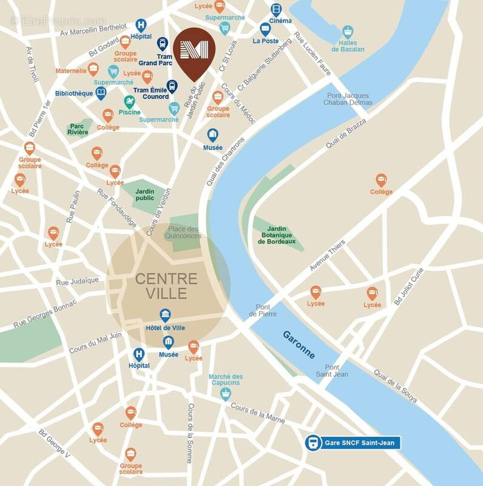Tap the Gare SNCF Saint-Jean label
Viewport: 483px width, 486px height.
(352, 443)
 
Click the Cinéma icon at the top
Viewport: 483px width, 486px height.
(277, 9)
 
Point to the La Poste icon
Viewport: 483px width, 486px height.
(266, 28)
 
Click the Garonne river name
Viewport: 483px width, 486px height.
(299, 344)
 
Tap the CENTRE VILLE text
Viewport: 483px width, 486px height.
(166, 286)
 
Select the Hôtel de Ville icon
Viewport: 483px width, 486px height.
(165, 315)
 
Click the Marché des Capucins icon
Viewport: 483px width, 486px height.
(226, 394)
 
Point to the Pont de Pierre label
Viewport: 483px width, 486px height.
(263, 310)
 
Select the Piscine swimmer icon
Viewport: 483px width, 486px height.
(129, 101)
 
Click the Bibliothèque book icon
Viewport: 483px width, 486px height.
(101, 93)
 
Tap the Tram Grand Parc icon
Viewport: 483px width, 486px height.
(163, 44)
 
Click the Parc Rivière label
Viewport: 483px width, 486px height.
(79, 130)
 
